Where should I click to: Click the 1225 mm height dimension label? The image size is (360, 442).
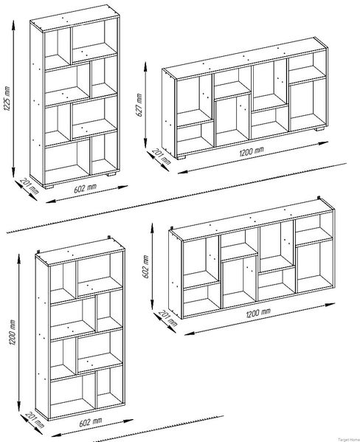click(7, 98)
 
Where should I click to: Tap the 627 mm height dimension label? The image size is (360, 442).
click(139, 105)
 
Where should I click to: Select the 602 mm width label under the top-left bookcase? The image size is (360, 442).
click(86, 188)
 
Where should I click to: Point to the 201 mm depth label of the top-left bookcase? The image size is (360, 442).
click(30, 186)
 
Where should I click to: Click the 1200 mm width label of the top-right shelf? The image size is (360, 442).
click(252, 151)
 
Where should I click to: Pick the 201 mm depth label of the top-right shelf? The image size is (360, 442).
click(162, 156)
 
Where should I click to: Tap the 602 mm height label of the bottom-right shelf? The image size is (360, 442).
click(145, 266)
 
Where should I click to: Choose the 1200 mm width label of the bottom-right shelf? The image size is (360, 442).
click(258, 313)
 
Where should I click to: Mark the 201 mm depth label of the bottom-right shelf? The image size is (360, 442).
click(167, 318)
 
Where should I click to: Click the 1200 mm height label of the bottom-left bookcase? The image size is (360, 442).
click(12, 332)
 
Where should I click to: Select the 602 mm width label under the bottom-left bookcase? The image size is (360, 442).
click(91, 422)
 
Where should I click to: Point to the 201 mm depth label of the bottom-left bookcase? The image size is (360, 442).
click(35, 420)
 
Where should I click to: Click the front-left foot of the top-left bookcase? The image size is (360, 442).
click(49, 187)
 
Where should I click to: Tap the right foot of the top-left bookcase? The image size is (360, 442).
click(111, 173)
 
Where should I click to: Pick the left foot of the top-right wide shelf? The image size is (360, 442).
click(181, 157)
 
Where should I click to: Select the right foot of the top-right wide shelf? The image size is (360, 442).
click(319, 129)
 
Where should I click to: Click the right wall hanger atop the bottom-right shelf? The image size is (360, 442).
click(319, 198)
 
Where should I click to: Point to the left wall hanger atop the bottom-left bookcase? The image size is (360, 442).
click(38, 252)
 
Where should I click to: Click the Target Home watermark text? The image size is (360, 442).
click(349, 440)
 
